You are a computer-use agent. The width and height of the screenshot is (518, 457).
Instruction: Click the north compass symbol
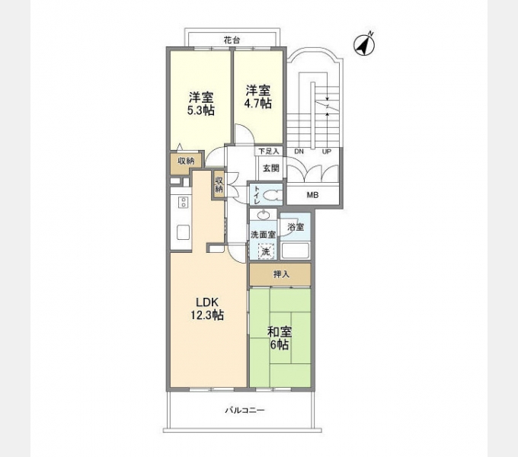click(x=365, y=44)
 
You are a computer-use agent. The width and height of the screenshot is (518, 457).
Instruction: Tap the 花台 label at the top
click(x=232, y=40)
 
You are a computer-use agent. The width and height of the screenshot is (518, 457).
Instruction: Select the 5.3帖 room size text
click(x=201, y=110)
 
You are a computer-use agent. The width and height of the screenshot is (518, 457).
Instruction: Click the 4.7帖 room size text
click(x=258, y=104)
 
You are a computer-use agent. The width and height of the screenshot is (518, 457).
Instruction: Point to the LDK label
click(x=207, y=302)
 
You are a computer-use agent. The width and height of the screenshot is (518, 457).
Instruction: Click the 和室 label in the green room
click(x=280, y=331)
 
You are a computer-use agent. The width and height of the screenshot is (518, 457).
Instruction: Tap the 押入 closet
click(x=280, y=274)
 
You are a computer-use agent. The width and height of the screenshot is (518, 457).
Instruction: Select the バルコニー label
click(x=245, y=411)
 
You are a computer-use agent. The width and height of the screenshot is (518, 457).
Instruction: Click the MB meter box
click(x=313, y=195)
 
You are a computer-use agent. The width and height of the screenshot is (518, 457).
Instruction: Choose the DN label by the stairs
click(x=299, y=152)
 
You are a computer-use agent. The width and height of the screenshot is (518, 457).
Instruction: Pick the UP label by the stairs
click(x=326, y=152)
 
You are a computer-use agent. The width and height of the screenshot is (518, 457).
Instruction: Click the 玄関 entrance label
click(x=271, y=168)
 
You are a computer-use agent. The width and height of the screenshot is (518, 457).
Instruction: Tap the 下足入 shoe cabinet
click(x=269, y=152)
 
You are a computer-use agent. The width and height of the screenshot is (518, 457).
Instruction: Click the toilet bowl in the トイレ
click(x=273, y=196)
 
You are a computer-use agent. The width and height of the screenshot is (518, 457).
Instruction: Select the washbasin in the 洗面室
click(x=264, y=216)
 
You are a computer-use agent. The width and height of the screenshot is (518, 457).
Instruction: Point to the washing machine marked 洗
click(x=266, y=251)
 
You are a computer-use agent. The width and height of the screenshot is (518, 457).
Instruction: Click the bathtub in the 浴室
click(x=295, y=251)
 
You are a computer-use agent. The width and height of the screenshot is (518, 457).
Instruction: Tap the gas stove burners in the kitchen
click(x=183, y=202)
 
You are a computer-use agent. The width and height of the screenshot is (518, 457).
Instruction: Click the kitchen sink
click(x=184, y=232)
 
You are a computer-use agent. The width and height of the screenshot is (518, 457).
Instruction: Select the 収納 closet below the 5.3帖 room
click(x=185, y=161)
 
